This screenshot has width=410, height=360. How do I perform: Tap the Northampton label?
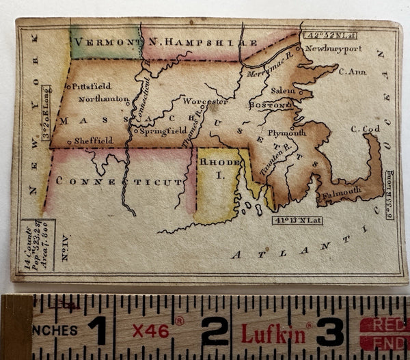tap(103, 99)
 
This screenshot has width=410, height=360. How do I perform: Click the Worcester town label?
tap(205, 102)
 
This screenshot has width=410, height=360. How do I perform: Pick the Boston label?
tap(270, 106)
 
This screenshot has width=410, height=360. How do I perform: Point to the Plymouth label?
tap(286, 133)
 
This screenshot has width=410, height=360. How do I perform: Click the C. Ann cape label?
tap(352, 71)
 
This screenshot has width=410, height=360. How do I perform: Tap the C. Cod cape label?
tap(365, 128)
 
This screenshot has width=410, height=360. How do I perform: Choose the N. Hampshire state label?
tap(192, 42)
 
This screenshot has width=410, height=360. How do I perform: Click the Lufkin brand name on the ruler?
tap(272, 333)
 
